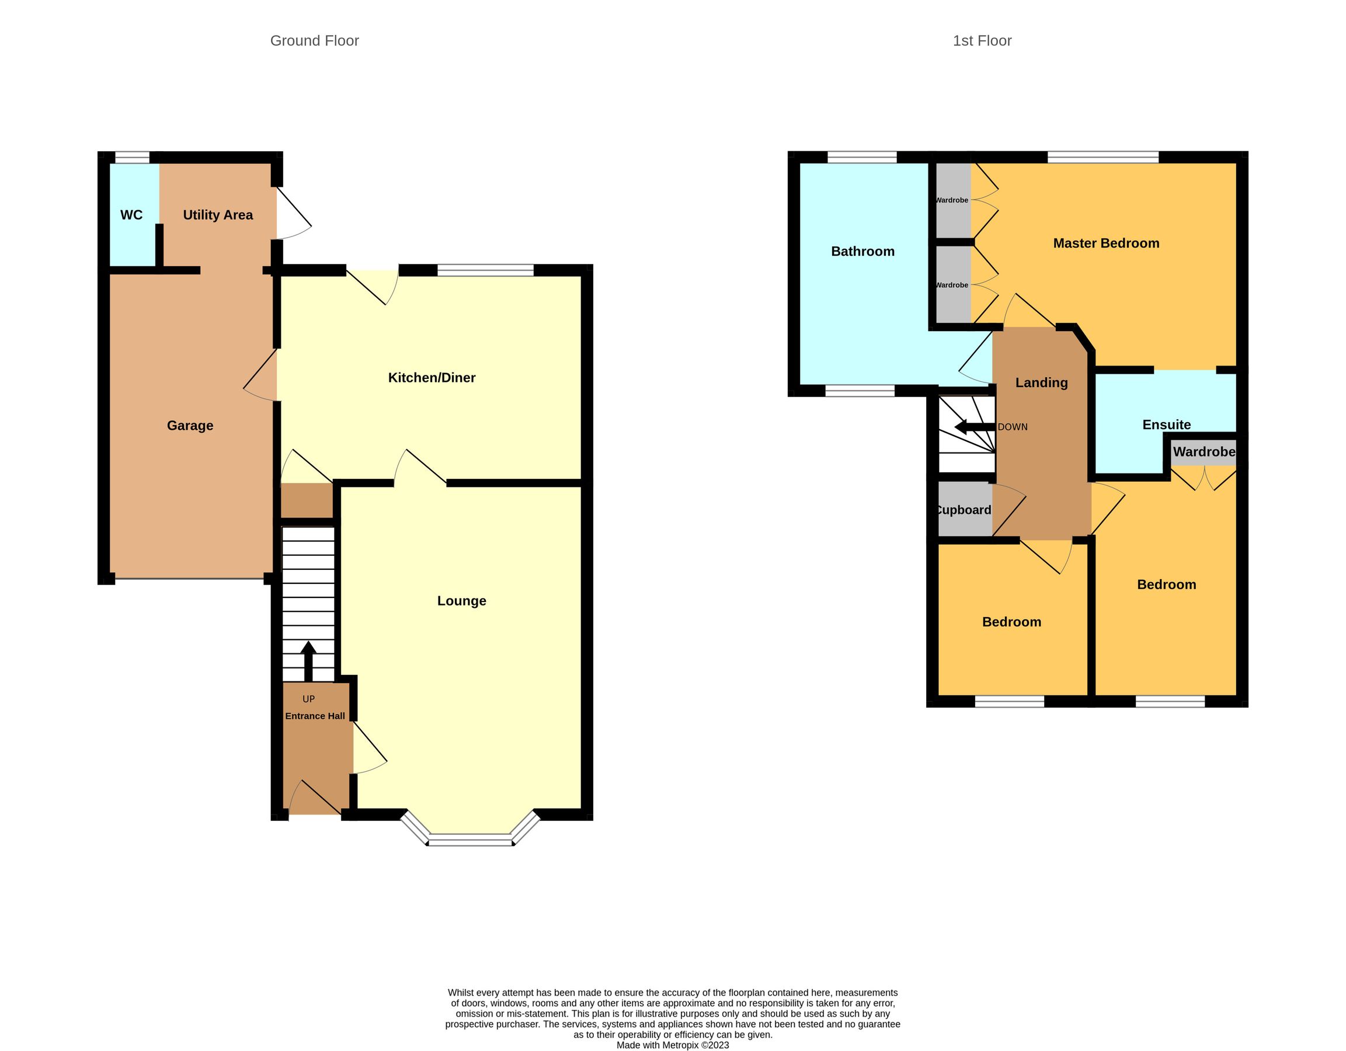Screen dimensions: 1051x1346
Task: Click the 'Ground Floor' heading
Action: [314, 41]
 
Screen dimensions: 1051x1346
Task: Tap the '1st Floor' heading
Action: [982, 41]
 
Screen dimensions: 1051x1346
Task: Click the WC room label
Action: [131, 215]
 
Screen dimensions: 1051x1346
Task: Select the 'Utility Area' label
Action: [218, 215]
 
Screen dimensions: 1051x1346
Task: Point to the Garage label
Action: [190, 426]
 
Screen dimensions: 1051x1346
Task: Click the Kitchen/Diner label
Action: [432, 378]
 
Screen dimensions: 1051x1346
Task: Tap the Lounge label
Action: [461, 601]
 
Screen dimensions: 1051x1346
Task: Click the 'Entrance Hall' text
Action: [314, 716]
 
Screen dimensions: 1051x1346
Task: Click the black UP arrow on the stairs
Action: [308, 660]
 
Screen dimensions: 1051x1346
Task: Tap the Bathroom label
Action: [862, 251]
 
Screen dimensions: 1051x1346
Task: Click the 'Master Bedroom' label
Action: [1105, 243]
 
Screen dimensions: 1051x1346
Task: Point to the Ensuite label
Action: [1166, 424]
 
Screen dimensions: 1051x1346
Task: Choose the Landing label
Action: [1041, 382]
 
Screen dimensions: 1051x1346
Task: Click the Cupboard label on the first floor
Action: [964, 510]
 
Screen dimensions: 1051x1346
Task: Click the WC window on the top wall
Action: [132, 158]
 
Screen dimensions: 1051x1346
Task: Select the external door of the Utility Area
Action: [293, 213]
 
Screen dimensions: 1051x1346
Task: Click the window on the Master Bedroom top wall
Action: [1102, 157]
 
